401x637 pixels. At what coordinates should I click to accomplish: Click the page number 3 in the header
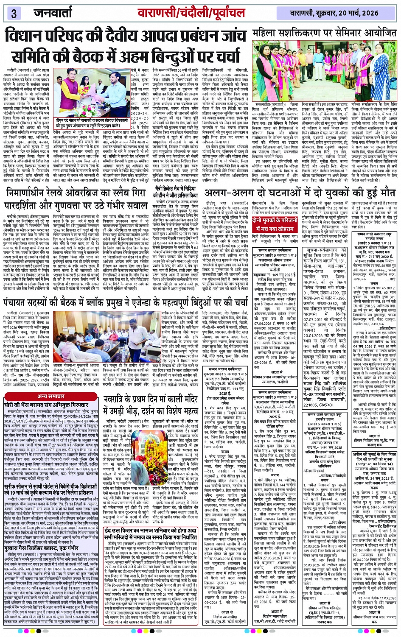click(14, 13)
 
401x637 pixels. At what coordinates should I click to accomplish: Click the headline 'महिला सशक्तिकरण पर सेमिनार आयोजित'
click(325, 34)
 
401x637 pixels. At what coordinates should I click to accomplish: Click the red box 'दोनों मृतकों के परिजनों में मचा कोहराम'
click(275, 224)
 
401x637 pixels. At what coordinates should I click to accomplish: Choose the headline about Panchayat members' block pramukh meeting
click(126, 302)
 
